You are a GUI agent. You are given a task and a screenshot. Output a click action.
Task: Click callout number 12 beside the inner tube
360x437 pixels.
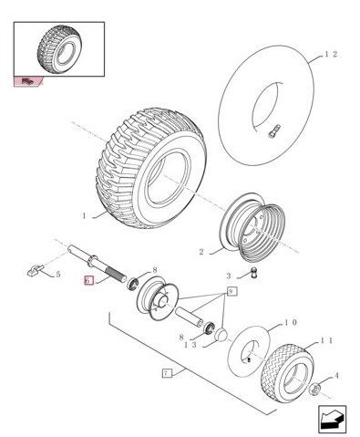pos(331,54)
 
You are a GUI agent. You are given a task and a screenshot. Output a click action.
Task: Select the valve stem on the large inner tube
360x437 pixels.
pos(273,131)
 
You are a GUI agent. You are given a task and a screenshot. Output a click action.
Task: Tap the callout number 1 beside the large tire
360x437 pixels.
pos(85,216)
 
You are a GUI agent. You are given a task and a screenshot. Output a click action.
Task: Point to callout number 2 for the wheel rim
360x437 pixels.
pos(201,252)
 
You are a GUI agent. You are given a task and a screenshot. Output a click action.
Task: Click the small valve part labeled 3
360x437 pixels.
pos(253,273)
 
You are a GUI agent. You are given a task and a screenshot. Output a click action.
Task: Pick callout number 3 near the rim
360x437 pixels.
pos(229,276)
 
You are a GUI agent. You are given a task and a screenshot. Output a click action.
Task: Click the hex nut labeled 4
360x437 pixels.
pos(315,390)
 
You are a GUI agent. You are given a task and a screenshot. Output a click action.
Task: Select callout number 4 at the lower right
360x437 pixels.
pos(336,376)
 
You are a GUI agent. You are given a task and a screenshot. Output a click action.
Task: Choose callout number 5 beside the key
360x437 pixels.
pos(58,275)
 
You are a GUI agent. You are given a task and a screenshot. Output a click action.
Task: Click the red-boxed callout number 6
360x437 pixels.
pos(88,280)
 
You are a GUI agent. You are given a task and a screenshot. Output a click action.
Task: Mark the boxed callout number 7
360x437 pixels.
pos(166,373)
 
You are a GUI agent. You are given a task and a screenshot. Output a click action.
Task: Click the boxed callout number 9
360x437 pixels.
pos(231,292)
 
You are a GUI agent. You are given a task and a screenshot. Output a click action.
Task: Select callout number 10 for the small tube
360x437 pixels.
pos(290,322)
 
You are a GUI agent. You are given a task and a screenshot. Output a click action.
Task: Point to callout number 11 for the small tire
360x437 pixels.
pos(326,340)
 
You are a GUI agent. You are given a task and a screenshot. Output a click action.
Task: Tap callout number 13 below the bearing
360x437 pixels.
pos(190,345)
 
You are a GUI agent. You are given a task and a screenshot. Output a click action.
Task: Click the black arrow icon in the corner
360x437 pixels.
pos(332,419)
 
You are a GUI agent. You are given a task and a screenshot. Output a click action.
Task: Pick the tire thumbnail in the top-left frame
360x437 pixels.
pos(59,49)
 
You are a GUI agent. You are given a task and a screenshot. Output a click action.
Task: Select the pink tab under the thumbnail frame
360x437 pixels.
pos(28,81)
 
